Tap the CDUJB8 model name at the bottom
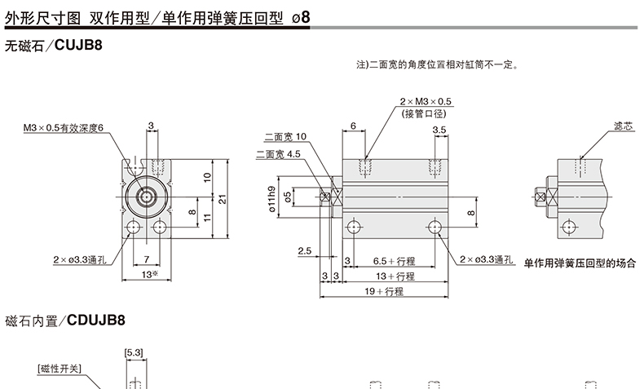tap(97, 320)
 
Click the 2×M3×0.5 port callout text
tap(426, 102)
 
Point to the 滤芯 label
tap(623, 127)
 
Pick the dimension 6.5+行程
tap(395, 261)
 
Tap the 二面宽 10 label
tap(286, 136)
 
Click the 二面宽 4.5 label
tap(279, 153)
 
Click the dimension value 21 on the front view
tap(222, 197)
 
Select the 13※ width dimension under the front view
tap(148, 275)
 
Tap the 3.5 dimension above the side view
tap(439, 130)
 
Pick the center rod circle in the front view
tap(148, 197)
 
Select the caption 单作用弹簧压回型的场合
tap(578, 263)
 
